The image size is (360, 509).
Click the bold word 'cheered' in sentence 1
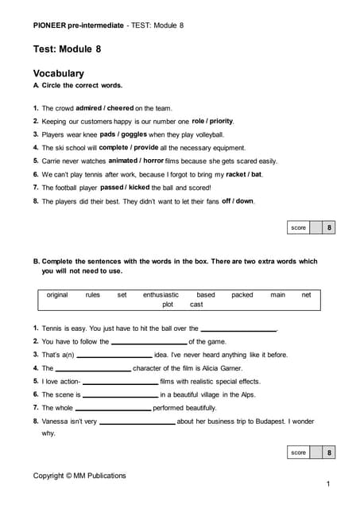120,107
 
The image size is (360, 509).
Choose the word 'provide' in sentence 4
145,147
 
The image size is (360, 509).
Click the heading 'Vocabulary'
58,73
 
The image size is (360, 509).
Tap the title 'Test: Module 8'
67,49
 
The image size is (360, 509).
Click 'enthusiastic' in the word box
161,294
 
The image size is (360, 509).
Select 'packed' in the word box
242,294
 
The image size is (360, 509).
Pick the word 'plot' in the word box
168,304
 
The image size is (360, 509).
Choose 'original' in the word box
57,294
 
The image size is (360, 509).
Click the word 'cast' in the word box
196,304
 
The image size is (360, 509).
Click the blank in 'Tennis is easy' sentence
238,329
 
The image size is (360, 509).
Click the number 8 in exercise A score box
329,227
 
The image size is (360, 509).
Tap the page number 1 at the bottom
328,484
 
